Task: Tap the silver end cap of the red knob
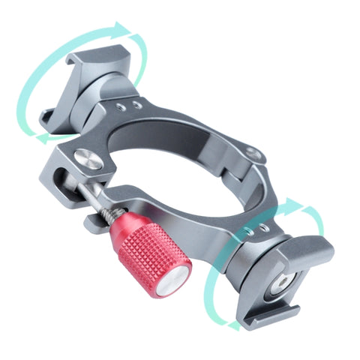(174, 280)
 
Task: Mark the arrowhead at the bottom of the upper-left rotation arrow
(43, 137)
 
